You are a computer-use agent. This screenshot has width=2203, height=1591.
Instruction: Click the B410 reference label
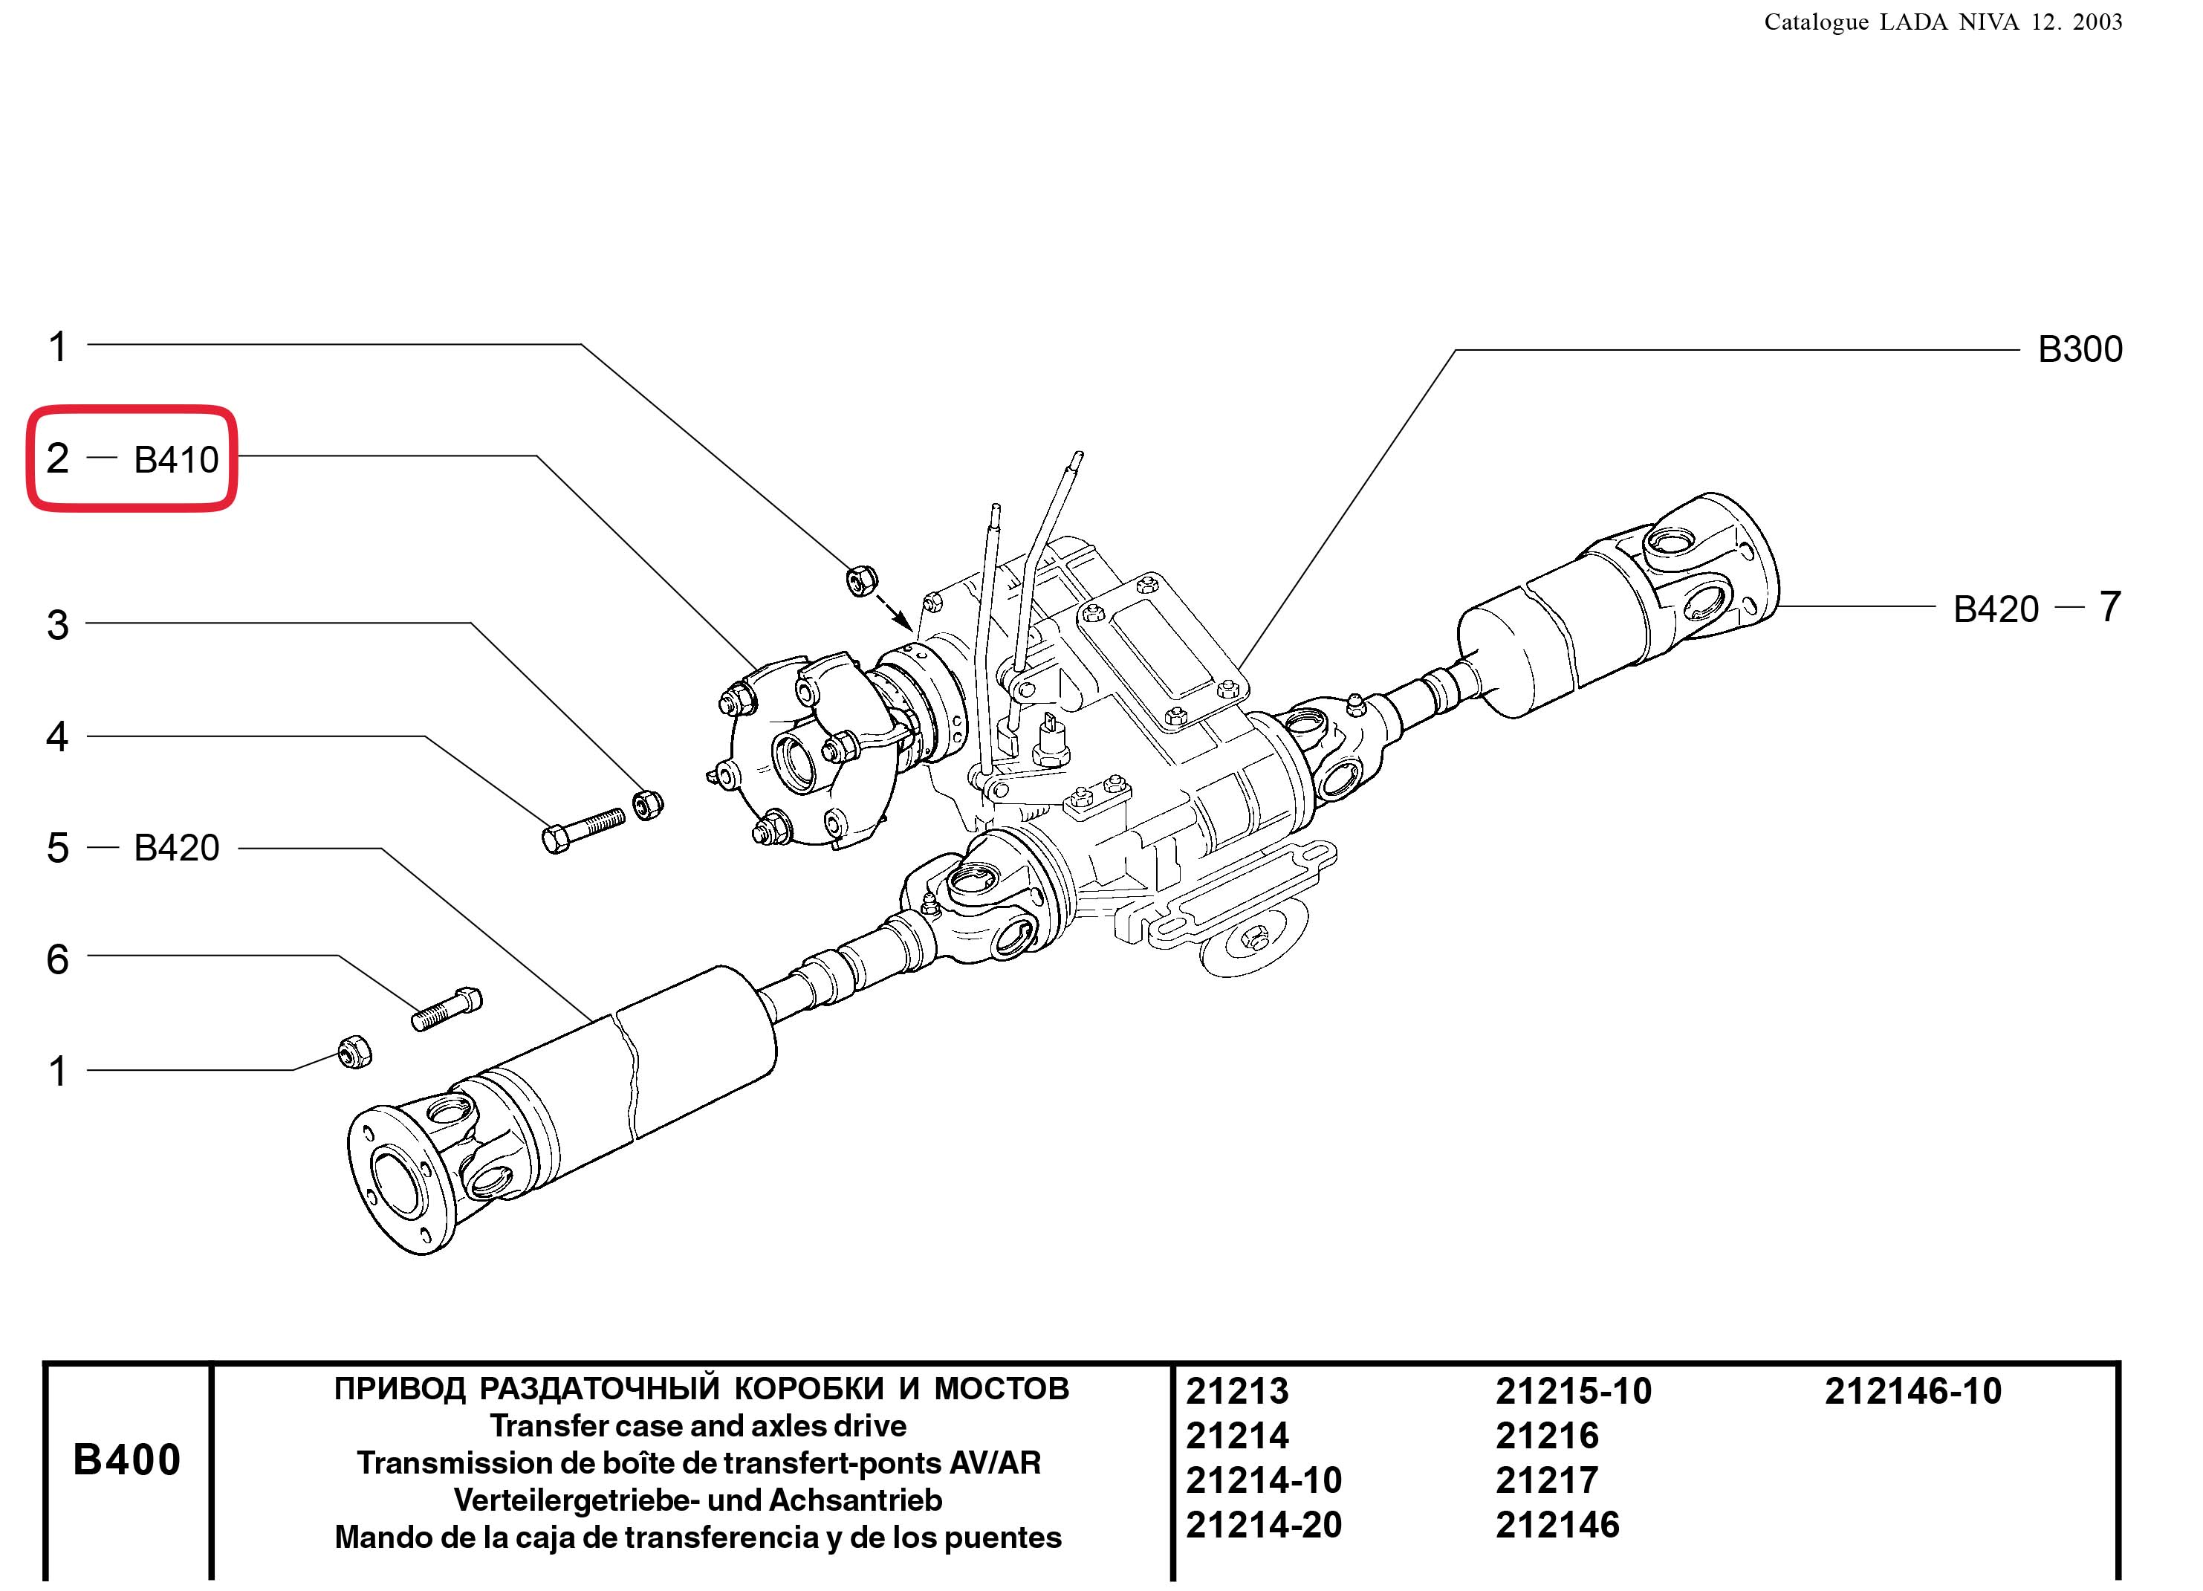[176, 459]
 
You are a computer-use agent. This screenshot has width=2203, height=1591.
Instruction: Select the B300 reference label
[2079, 350]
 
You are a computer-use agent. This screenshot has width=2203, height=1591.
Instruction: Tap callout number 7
[2109, 607]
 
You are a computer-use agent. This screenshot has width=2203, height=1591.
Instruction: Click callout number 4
[57, 737]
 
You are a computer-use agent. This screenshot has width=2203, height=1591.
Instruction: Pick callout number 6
[57, 959]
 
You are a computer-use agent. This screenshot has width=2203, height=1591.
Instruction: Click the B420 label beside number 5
[176, 848]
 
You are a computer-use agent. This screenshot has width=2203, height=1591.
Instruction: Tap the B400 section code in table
[126, 1460]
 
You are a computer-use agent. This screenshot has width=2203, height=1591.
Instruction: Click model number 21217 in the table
[1546, 1480]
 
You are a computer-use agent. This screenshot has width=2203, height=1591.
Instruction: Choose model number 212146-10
[1912, 1391]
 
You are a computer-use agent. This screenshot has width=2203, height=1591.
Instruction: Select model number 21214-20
[1263, 1525]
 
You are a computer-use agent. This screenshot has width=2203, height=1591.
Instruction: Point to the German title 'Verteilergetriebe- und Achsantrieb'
[698, 1500]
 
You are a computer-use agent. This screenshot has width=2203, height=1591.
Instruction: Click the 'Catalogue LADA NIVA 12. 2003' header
[1943, 22]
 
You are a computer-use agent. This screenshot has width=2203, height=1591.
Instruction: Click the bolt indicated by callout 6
[447, 1008]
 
